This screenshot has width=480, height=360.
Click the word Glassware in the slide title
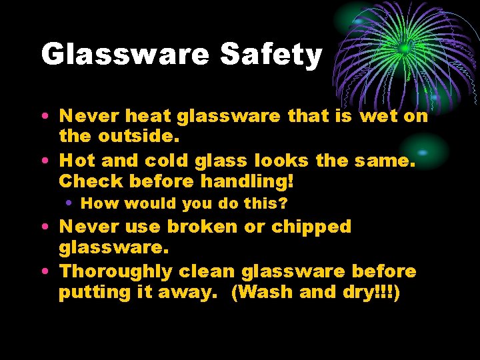click(125, 55)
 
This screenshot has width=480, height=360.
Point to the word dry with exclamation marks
click(362, 293)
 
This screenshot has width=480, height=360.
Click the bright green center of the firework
click(405, 49)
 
